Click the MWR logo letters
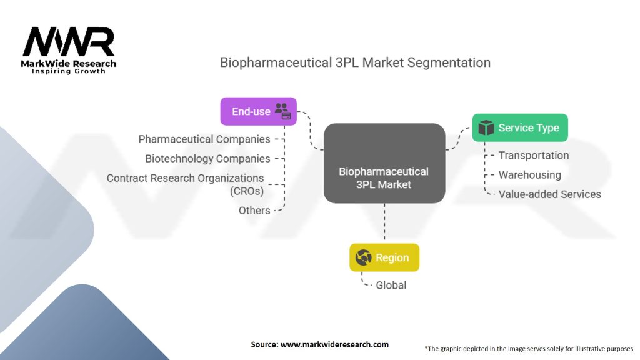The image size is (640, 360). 69,42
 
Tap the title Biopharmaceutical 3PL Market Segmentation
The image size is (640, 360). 355,62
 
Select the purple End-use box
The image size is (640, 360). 258,111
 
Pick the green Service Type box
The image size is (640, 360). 519,127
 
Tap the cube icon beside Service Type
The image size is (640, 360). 486,127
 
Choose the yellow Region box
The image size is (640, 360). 384,257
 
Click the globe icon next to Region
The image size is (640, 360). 363,257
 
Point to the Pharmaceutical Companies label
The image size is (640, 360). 204,139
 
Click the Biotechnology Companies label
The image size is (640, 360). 207,159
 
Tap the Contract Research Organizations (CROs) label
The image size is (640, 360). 186,184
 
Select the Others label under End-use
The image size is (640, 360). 254,211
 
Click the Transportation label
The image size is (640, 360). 533,155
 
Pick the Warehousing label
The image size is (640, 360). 529,175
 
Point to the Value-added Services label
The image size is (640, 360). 549,194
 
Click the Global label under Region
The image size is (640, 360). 391,285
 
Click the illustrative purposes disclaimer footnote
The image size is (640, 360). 529,348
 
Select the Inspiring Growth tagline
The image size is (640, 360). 69,71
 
